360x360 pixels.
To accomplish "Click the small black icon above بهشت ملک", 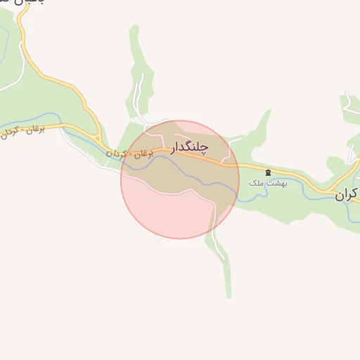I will click(x=267, y=172).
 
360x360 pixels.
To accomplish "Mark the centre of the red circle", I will click(x=180, y=179).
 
